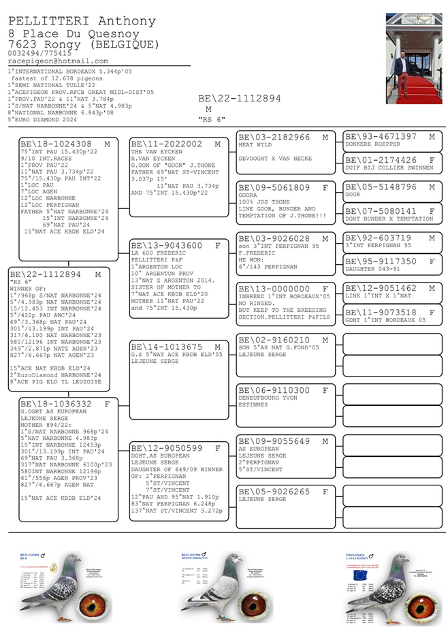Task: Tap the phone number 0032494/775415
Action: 39,52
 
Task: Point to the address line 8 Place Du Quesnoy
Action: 74,33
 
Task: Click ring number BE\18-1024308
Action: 56,144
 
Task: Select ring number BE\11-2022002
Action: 167,144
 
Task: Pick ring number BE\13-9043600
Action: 167,245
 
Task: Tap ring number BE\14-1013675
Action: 167,347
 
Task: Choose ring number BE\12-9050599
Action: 167,448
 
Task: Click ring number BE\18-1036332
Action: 56,404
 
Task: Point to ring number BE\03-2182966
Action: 274,137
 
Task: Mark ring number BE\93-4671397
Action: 381,137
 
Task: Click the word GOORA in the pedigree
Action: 248,195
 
